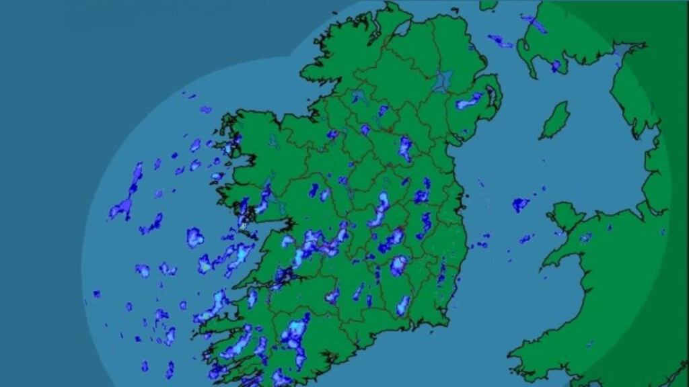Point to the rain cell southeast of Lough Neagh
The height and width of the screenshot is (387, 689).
tap(469, 101)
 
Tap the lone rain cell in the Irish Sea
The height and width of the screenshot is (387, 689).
tap(520, 204)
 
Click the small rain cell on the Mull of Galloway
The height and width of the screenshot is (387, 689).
tap(556, 66)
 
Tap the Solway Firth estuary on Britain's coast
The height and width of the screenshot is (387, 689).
tap(626, 50)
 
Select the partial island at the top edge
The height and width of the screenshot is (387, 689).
tap(488, 5)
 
